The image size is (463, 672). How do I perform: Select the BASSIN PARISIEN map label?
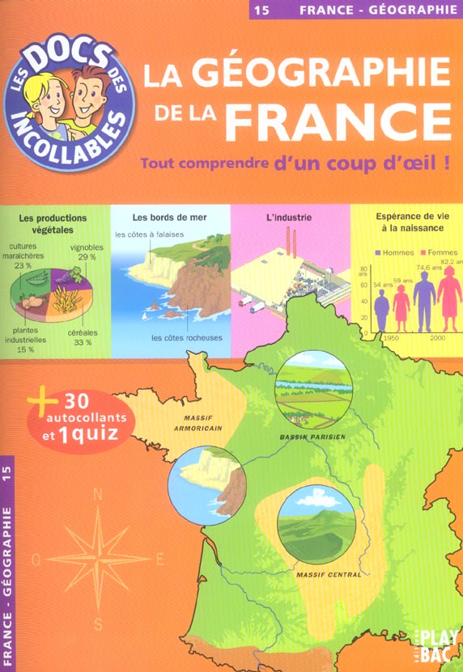coord(312,437)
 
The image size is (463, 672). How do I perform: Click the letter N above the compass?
coord(98,494)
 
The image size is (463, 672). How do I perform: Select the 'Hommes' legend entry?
coord(396,252)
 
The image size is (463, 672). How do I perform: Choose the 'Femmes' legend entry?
coord(441,252)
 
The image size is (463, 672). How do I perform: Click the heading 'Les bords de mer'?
coord(164,218)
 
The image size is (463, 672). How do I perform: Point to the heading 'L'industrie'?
coord(288,218)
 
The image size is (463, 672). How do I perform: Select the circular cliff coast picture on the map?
coord(207,485)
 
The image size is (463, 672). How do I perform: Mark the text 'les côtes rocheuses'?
coord(192,338)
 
